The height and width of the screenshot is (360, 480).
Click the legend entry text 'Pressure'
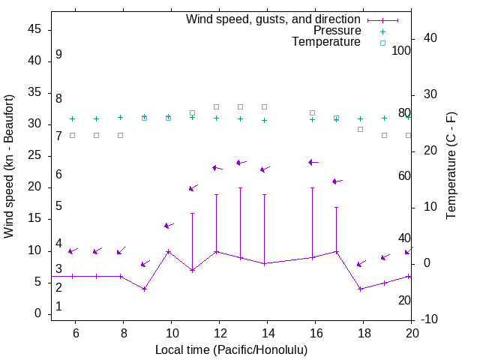pos(337,31)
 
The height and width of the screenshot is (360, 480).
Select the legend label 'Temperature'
pos(326,42)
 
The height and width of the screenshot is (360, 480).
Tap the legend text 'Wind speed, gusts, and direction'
pos(274,19)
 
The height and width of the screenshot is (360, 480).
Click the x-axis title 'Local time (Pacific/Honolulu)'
pos(231,350)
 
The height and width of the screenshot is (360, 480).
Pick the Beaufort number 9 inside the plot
pos(58,55)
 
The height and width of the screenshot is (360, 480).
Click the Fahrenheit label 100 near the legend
pos(402,51)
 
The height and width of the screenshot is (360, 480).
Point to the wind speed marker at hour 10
pos(168,251)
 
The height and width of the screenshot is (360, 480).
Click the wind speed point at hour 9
pos(144,289)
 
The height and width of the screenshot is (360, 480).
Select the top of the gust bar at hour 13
pos(240,188)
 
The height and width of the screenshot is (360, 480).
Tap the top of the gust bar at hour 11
pos(192,214)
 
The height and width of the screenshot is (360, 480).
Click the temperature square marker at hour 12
pos(216,106)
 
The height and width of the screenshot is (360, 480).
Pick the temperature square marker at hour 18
pos(360,129)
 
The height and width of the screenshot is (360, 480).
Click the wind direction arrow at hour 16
pos(313,162)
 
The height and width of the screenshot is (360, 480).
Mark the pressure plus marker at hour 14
pos(264,120)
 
